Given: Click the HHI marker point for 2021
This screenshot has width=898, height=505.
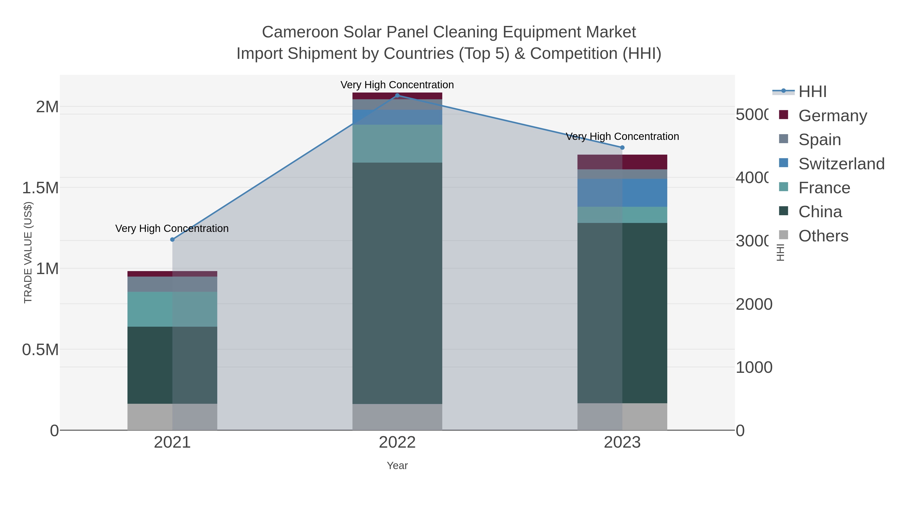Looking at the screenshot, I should click(x=172, y=239).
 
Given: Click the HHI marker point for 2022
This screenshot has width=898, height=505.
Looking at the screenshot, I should click(x=397, y=96).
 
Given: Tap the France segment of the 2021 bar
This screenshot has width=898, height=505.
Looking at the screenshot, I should click(x=172, y=309).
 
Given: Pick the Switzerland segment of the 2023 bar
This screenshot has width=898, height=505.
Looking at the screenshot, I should click(x=622, y=193).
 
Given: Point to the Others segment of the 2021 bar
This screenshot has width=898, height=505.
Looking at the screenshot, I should click(x=172, y=417).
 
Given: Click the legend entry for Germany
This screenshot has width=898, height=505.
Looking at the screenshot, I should click(x=832, y=116).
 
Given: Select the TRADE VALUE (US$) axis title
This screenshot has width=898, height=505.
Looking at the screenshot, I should click(x=28, y=252).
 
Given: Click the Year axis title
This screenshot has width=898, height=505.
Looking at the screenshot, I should click(x=397, y=466).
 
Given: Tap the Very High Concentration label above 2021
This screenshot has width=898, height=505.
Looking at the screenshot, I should click(x=172, y=229).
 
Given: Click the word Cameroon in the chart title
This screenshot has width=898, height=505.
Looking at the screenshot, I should click(x=300, y=32).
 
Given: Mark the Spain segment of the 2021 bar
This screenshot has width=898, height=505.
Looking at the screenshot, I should click(x=172, y=284).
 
